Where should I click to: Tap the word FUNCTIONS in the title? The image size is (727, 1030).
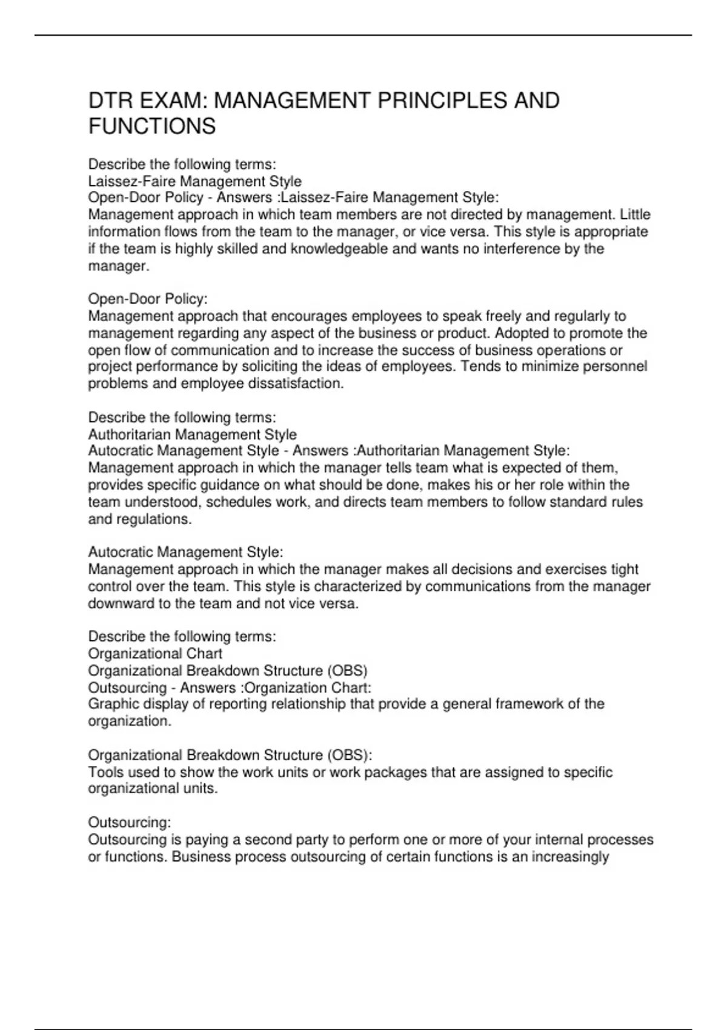click(x=152, y=127)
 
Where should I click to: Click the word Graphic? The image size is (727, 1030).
click(x=111, y=704)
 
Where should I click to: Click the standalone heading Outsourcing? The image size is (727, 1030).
click(x=130, y=822)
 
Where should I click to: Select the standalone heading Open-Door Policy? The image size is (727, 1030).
click(x=148, y=299)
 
